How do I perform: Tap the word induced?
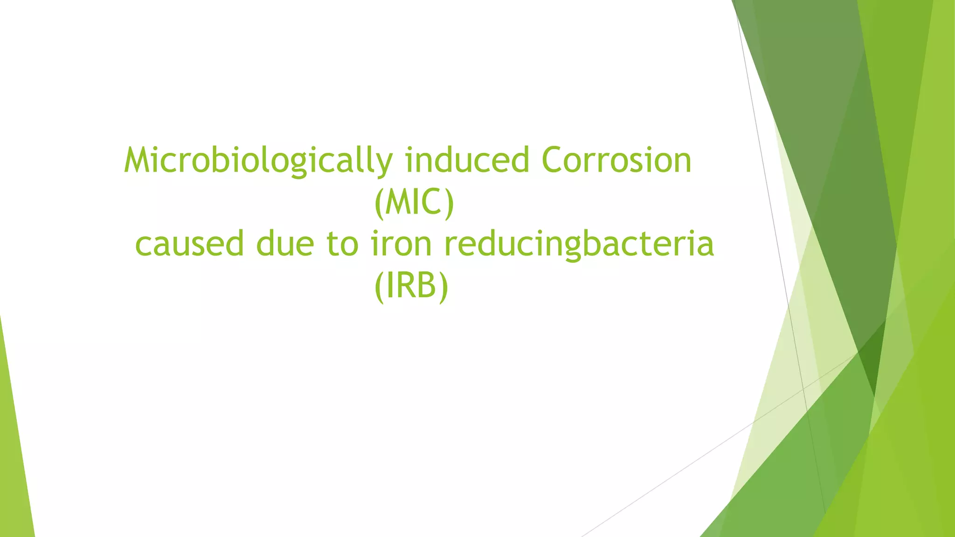click(467, 160)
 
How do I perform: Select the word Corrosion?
click(616, 160)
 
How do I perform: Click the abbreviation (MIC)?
click(414, 202)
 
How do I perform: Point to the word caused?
click(189, 243)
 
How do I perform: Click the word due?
click(285, 243)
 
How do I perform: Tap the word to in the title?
click(342, 243)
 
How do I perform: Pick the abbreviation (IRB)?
click(411, 286)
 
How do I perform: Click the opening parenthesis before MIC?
click(379, 203)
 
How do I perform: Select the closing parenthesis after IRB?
click(443, 286)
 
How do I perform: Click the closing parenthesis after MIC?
click(449, 203)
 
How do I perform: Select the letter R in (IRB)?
click(404, 285)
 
